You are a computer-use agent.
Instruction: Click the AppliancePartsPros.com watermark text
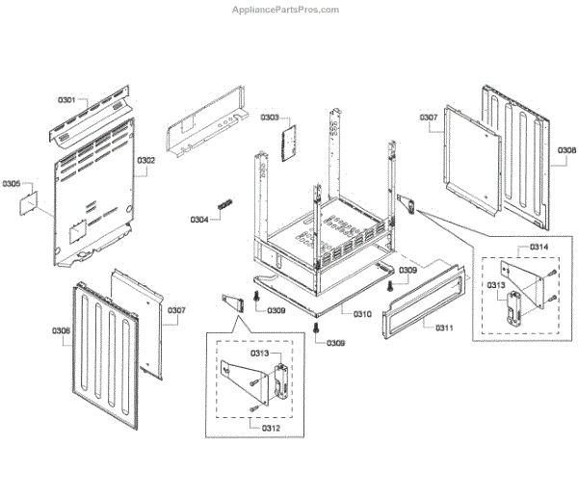coord(286,10)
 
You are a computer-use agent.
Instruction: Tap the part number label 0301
coord(66,99)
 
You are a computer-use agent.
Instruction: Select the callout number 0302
coord(145,160)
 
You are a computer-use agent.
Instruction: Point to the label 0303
coord(269,118)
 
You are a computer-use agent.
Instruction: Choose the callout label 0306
coord(61,330)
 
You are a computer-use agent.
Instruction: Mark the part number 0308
coord(566,149)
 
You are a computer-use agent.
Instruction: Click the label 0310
coord(362,314)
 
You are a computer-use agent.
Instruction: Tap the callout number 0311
coord(444,328)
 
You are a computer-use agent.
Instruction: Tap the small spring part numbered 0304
coord(224,205)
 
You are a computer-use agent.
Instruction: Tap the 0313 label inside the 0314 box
coord(496,285)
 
